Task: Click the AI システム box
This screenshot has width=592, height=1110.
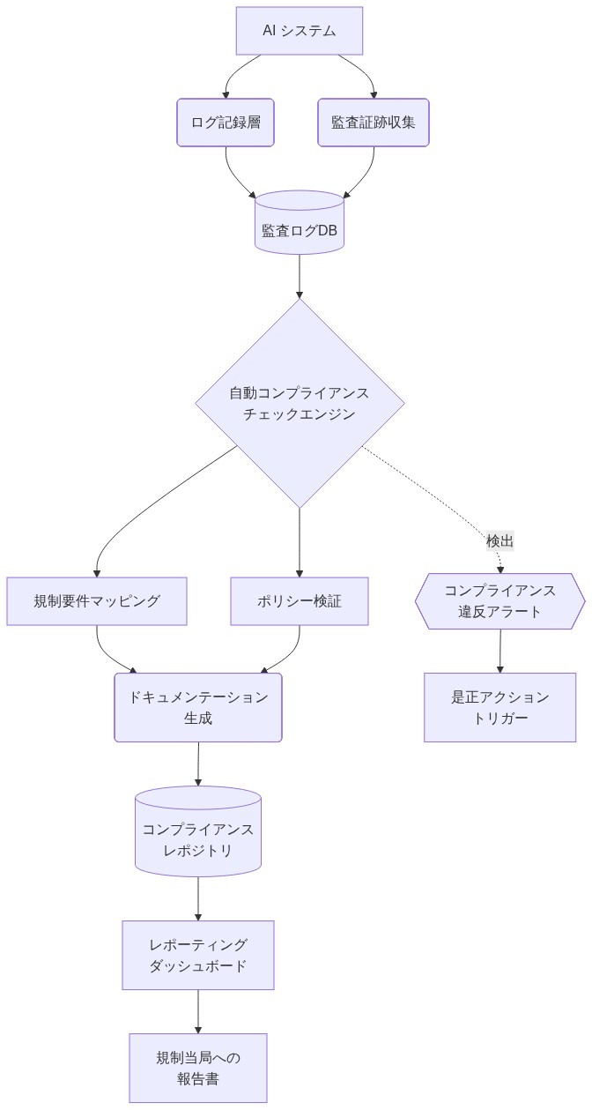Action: (299, 31)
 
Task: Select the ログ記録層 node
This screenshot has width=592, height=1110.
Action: (226, 123)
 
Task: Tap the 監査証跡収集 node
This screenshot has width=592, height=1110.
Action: (373, 123)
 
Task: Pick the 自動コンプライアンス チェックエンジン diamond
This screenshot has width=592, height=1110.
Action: (299, 403)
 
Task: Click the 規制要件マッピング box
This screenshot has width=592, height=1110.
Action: (97, 601)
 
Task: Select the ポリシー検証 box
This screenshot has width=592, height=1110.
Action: (299, 601)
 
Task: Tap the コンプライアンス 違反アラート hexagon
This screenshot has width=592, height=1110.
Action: (499, 601)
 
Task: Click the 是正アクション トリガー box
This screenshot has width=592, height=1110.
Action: (499, 707)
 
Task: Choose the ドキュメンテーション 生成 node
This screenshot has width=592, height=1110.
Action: (197, 707)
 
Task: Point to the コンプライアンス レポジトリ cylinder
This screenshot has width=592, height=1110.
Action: (197, 831)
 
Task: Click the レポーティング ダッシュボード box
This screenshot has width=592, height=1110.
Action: (197, 955)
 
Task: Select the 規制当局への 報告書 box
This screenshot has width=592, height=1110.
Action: (197, 1068)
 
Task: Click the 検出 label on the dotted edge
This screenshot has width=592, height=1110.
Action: (499, 541)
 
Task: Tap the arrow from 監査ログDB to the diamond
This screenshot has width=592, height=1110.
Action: (299, 276)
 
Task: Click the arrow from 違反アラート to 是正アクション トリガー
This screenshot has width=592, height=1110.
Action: (499, 651)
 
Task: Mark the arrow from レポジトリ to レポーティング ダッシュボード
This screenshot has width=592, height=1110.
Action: (197, 898)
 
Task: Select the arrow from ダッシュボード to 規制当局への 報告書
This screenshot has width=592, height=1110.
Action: (197, 1011)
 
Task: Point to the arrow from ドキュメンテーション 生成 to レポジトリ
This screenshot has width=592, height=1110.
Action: (197, 764)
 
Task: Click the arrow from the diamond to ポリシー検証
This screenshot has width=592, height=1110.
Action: (299, 542)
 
